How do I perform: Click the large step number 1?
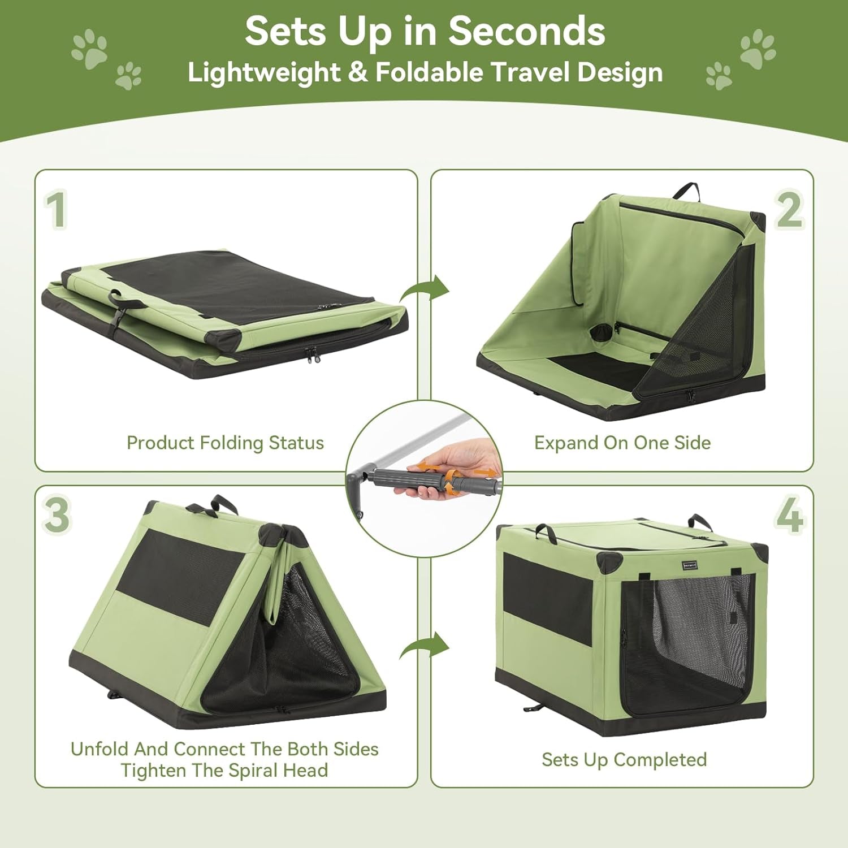coord(57,210)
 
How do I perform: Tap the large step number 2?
coord(790,210)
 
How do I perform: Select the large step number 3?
coord(57,514)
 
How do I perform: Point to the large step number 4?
coord(790,515)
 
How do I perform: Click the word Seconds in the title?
coord(526,31)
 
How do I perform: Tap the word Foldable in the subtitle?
coord(429,72)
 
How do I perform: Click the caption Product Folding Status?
coord(225,443)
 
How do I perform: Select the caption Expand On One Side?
coord(622,443)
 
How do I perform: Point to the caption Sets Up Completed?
coord(624,759)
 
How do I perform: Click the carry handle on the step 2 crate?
coord(687,191)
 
